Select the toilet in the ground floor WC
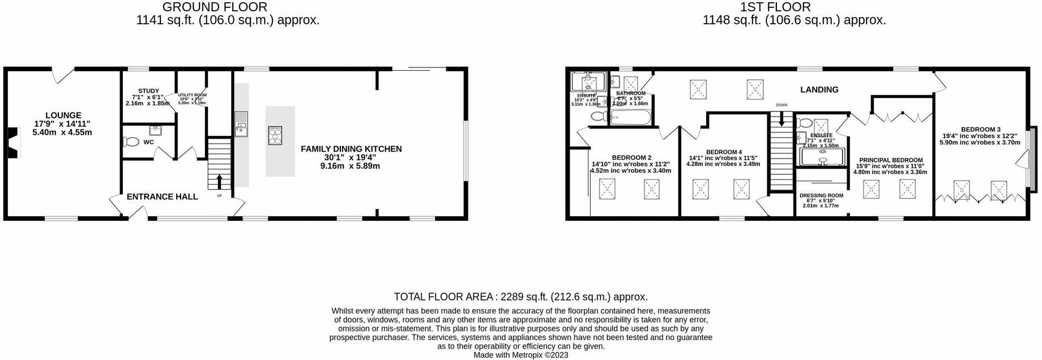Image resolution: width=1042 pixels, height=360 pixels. pyautogui.click(x=131, y=142)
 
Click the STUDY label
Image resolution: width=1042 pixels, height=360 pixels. pyautogui.click(x=148, y=91)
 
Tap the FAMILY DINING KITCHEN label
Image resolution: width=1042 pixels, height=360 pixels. pyautogui.click(x=351, y=149)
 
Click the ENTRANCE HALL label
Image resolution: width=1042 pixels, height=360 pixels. pyautogui.click(x=162, y=196)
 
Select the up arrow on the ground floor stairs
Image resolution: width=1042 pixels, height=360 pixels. pyautogui.click(x=219, y=182)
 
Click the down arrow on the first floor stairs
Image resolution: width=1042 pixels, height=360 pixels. pyautogui.click(x=782, y=119)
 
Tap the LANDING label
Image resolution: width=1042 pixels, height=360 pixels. pyautogui.click(x=819, y=89)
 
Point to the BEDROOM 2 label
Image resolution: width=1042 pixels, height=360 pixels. pyautogui.click(x=631, y=157)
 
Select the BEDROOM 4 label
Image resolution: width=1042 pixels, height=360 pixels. pyautogui.click(x=723, y=152)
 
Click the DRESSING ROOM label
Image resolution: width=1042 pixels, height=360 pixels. pyautogui.click(x=821, y=195)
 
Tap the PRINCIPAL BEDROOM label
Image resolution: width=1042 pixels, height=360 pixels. pyautogui.click(x=890, y=160)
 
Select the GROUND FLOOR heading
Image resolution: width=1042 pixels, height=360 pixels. pyautogui.click(x=215, y=7)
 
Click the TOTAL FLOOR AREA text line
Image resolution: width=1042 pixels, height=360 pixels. pyautogui.click(x=520, y=297)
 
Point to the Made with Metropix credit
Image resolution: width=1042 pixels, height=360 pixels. pyautogui.click(x=520, y=355)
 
